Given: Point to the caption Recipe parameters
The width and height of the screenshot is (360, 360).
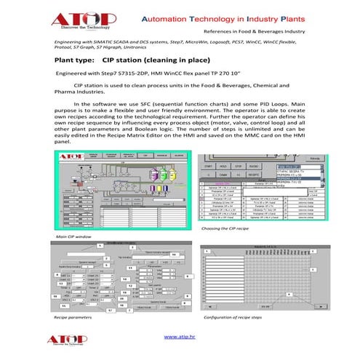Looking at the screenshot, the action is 73,319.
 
